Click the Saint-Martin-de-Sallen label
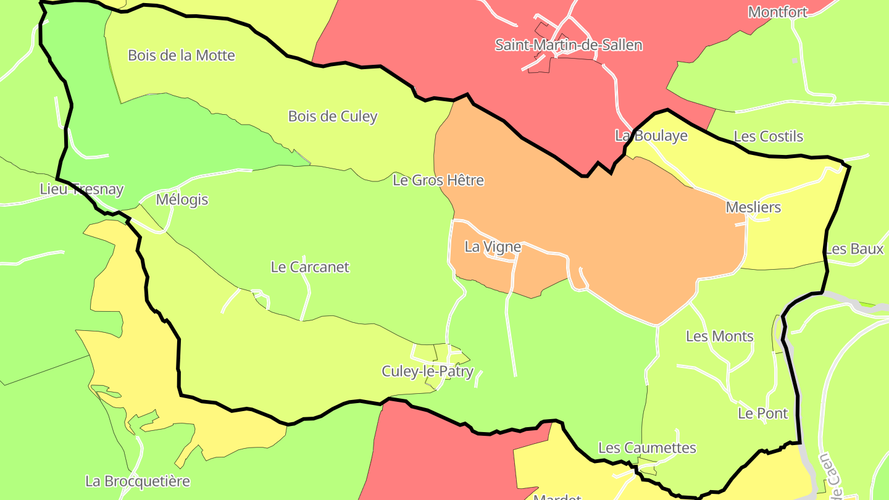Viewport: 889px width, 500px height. (x=569, y=45)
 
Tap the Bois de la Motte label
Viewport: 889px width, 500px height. (x=182, y=56)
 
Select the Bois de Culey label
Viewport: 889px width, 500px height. (x=333, y=117)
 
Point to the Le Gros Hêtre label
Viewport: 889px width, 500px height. (x=438, y=180)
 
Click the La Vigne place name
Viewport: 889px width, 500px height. (x=493, y=247)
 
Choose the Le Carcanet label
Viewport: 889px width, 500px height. (x=310, y=267)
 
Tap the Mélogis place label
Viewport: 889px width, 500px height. (x=182, y=200)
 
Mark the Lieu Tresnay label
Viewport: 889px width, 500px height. (x=81, y=190)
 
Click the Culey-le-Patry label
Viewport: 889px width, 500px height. (x=427, y=372)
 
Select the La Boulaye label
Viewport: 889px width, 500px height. (x=651, y=136)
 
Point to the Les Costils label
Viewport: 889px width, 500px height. (x=769, y=136)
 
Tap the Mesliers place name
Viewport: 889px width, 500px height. (x=753, y=207)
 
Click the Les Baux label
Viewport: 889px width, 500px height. (x=854, y=249)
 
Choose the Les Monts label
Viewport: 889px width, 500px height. (x=720, y=336)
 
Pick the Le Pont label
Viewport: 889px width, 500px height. (x=763, y=414)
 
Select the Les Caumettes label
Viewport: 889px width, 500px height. (x=647, y=448)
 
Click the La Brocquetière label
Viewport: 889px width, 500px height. (x=138, y=481)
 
